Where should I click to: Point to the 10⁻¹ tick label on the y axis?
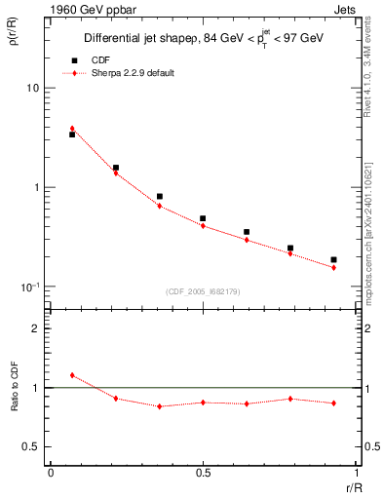tap(29, 287)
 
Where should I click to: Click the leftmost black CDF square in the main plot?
tap(72, 134)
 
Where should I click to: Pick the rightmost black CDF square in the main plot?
tap(333, 260)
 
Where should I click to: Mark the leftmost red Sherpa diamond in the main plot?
tap(72, 128)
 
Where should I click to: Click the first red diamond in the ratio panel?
tap(72, 375)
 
